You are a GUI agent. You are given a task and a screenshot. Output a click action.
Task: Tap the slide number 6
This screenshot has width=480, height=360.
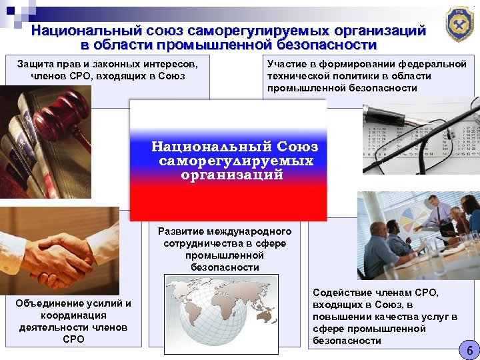tap(469, 350)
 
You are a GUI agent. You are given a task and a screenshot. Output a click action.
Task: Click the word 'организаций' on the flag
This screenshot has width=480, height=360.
tap(231, 175)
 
